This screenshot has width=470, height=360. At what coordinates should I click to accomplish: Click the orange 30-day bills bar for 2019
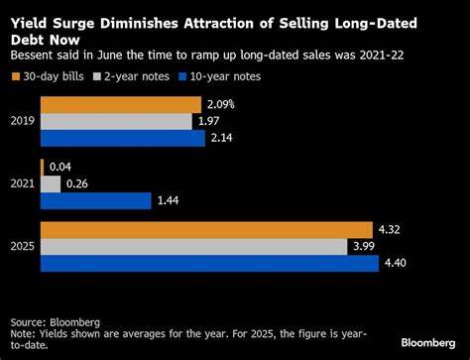click(x=120, y=104)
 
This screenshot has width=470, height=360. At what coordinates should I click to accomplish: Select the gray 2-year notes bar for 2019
click(x=115, y=121)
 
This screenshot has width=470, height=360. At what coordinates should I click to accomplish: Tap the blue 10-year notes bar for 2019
click(x=122, y=138)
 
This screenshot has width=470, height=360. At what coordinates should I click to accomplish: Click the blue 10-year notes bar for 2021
click(x=95, y=200)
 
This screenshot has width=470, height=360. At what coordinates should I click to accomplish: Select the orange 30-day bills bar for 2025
click(x=205, y=229)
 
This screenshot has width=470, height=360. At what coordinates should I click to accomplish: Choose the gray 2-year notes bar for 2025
click(x=193, y=246)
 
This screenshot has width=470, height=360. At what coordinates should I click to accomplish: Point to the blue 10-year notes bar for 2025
click(x=209, y=263)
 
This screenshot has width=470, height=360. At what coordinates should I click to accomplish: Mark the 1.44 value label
click(x=168, y=200)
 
